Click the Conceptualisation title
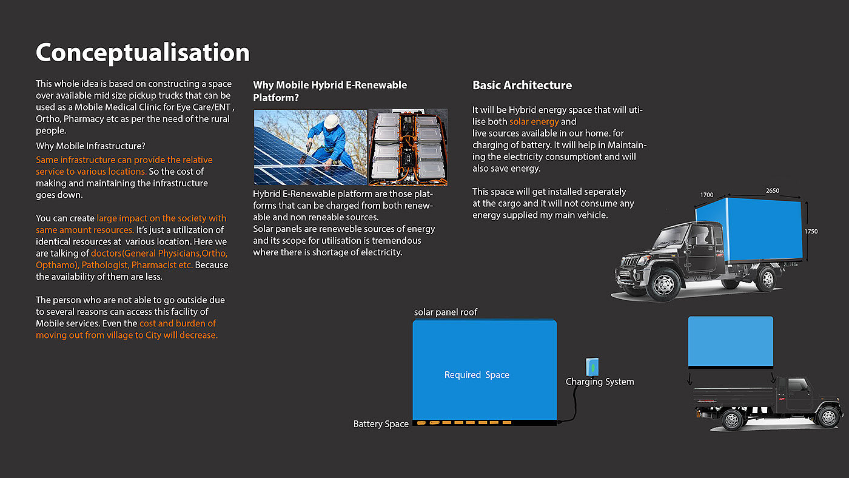[x=143, y=53]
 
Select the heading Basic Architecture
[x=522, y=86]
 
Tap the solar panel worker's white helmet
[x=331, y=121]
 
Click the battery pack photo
[x=408, y=147]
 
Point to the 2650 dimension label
[x=772, y=191]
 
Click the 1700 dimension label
[x=706, y=195]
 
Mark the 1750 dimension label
[x=811, y=232]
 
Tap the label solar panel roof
[x=446, y=312]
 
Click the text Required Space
[x=477, y=375]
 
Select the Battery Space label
[x=381, y=424]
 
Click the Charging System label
[x=600, y=382]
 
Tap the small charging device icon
[x=592, y=366]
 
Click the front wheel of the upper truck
[x=663, y=284]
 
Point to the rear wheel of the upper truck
[x=767, y=278]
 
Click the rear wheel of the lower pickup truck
[x=828, y=417]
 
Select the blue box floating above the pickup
[x=730, y=342]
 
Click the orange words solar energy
[x=534, y=122]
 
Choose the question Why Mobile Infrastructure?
[x=90, y=146]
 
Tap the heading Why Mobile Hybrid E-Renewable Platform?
[x=330, y=91]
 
